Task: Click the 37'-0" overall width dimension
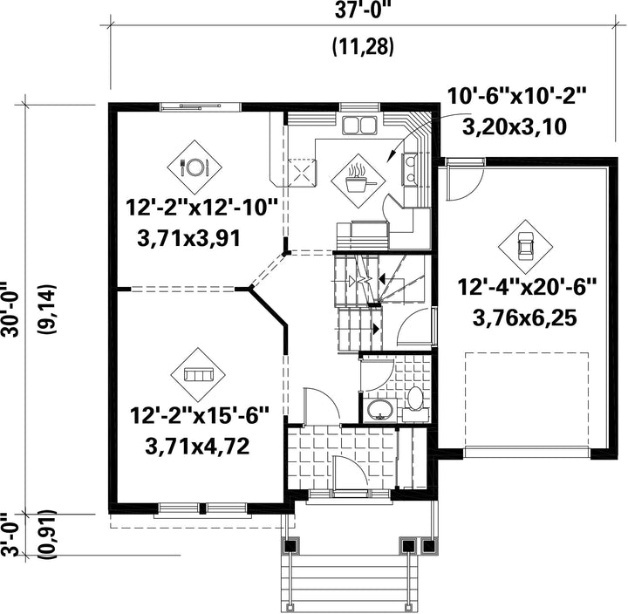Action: pyautogui.click(x=363, y=11)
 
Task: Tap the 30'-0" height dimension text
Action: pyautogui.click(x=10, y=310)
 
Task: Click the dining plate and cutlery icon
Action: pyautogui.click(x=195, y=167)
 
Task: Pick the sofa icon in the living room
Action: pyautogui.click(x=198, y=375)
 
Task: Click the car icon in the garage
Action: pyautogui.click(x=525, y=247)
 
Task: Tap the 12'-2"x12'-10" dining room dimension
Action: pyautogui.click(x=201, y=208)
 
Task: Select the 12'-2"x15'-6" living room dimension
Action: pyautogui.click(x=199, y=415)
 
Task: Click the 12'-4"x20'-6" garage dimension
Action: pyautogui.click(x=527, y=287)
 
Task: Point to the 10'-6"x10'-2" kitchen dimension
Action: pyautogui.click(x=516, y=96)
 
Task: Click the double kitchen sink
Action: pyautogui.click(x=358, y=125)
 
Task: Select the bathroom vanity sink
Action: pyautogui.click(x=380, y=410)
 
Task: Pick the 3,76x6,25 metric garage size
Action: pyautogui.click(x=525, y=318)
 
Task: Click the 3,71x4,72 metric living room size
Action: pyautogui.click(x=197, y=447)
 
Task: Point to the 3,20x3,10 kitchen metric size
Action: pyautogui.click(x=515, y=127)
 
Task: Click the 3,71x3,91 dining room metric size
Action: pyautogui.click(x=189, y=239)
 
